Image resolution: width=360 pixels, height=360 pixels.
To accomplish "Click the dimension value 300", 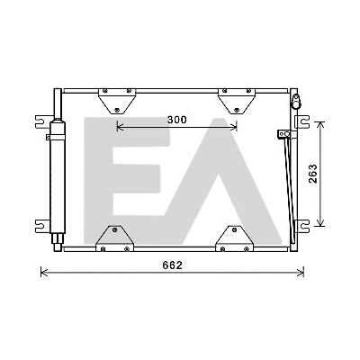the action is tap(176, 120).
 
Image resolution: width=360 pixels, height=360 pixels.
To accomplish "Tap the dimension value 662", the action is tap(172, 265).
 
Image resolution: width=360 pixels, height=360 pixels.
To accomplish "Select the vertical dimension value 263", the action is tap(312, 174).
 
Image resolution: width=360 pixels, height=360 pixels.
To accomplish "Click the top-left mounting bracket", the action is tap(117, 101).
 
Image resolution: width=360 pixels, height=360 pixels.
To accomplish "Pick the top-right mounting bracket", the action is tap(237, 101).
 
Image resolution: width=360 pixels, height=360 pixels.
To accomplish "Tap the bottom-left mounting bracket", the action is tap(114, 238).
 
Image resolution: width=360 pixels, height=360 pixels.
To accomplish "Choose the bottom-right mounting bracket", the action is tap(234, 238).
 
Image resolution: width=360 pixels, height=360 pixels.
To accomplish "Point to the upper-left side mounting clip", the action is tap(42, 121).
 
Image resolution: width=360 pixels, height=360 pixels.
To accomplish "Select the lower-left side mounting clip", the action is tap(42, 226).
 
